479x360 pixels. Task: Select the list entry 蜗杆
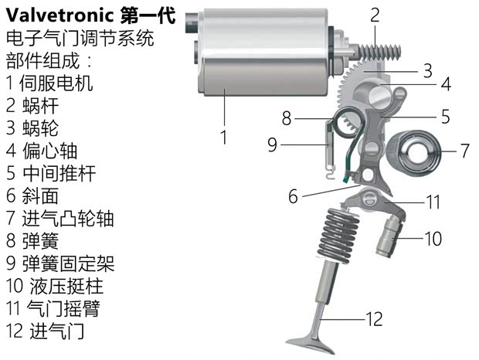pyautogui.click(x=39, y=105)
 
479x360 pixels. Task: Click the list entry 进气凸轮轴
pyautogui.click(x=68, y=218)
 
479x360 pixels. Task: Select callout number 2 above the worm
pyautogui.click(x=375, y=14)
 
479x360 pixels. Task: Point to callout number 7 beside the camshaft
pyautogui.click(x=464, y=151)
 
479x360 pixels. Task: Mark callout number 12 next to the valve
pyautogui.click(x=374, y=318)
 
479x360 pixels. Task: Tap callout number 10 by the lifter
pyautogui.click(x=433, y=239)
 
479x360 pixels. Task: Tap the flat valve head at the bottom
pyautogui.click(x=311, y=341)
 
